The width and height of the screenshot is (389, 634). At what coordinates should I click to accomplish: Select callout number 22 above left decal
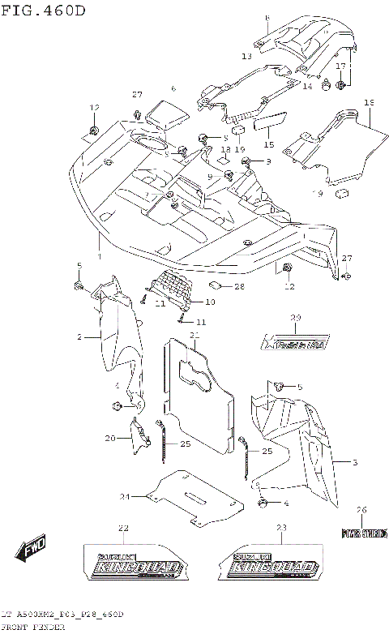[122, 529]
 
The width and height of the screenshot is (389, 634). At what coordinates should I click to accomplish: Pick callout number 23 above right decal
[281, 529]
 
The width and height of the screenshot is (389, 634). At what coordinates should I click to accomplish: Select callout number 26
[362, 509]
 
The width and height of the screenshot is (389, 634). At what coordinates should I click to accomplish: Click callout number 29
[295, 317]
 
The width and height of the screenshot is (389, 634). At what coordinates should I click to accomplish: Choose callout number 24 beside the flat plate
[125, 496]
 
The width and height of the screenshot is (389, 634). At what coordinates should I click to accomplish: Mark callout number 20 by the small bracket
[109, 438]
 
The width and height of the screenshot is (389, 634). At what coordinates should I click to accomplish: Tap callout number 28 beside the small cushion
[239, 287]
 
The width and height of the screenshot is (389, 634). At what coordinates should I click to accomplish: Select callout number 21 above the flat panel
[194, 335]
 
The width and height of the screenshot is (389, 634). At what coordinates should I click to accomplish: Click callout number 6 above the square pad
[173, 88]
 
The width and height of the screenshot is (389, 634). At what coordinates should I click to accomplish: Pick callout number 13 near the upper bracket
[246, 57]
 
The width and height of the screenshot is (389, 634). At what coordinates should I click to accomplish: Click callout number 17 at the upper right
[341, 66]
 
